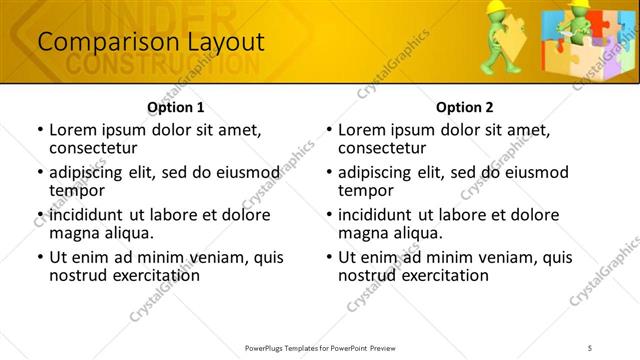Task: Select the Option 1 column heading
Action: tap(176, 107)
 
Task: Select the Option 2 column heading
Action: tap(465, 107)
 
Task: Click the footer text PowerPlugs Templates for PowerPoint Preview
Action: tap(319, 347)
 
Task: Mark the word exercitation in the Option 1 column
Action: tap(151, 275)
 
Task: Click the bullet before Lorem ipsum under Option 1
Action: tap(39, 131)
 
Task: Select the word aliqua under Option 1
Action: tap(128, 233)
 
